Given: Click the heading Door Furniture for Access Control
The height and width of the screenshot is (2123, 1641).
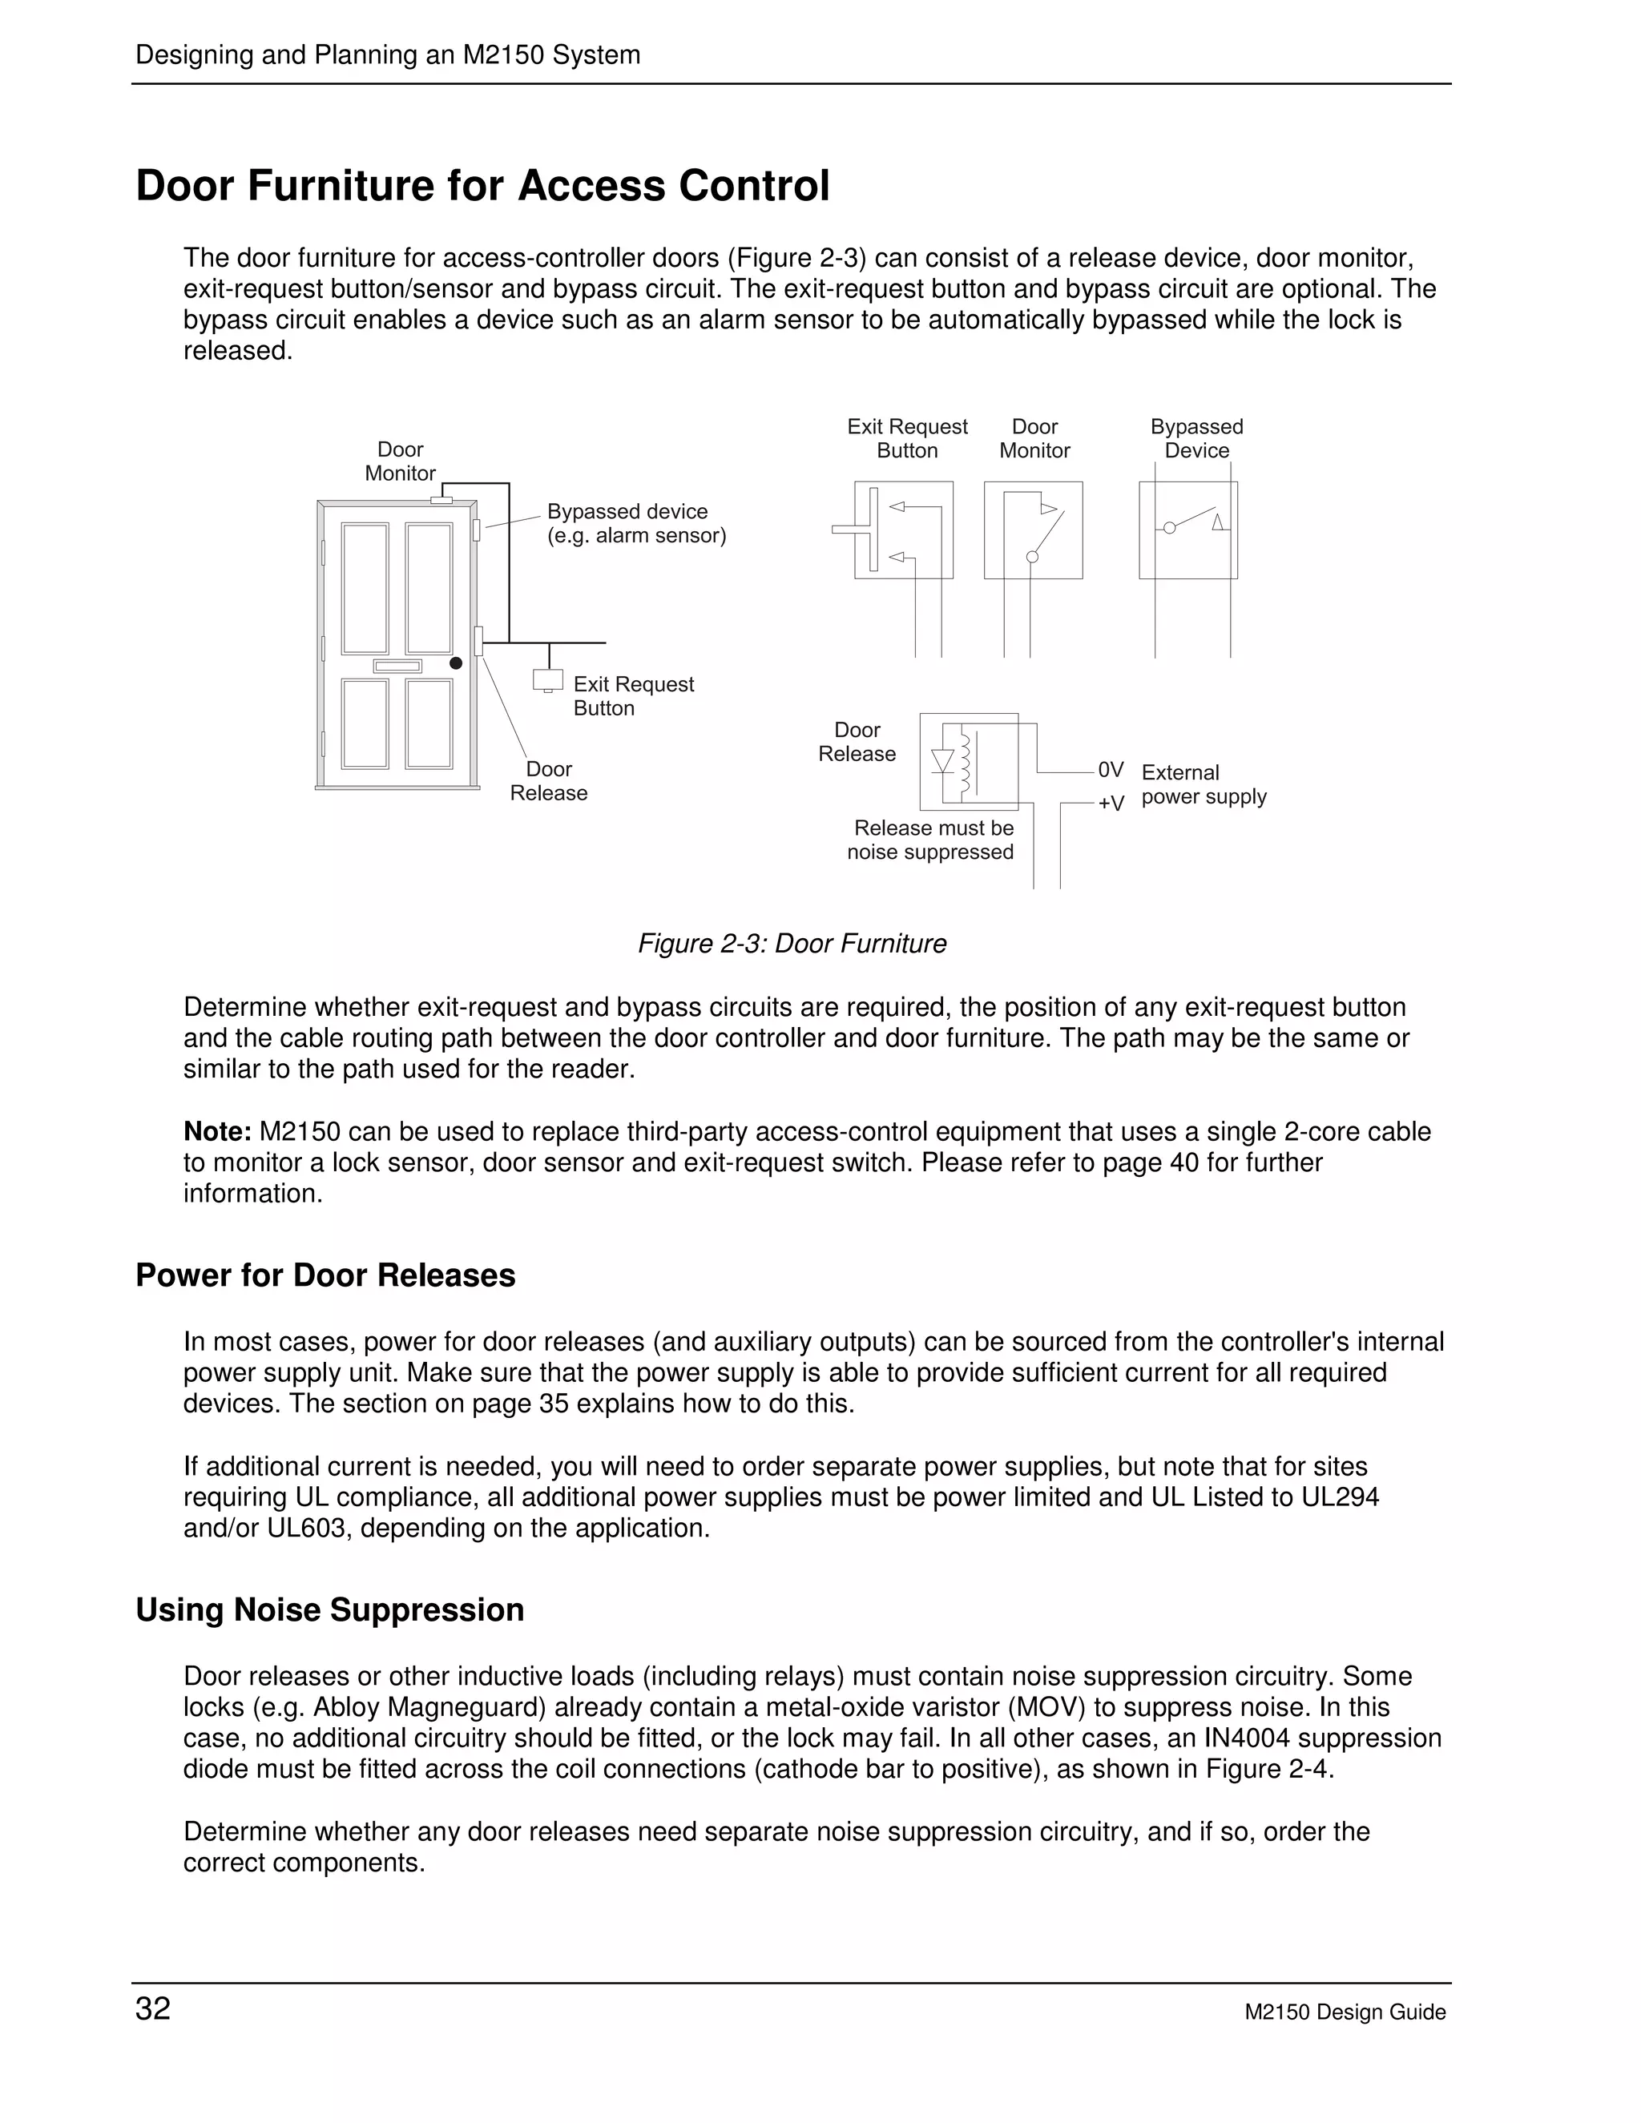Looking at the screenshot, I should (482, 186).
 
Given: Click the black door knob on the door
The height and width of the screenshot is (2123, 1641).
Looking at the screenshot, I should (455, 663).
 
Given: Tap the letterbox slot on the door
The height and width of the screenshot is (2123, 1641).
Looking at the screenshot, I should (397, 666).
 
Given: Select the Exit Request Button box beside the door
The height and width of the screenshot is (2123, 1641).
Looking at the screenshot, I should (548, 679).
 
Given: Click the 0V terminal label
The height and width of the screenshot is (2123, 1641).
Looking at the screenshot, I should (1111, 770).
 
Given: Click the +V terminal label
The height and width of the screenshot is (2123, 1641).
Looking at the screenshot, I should (1111, 803).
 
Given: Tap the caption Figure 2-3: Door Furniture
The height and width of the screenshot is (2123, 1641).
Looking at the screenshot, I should (792, 944).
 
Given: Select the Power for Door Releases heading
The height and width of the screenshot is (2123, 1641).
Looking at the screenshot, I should (325, 1275).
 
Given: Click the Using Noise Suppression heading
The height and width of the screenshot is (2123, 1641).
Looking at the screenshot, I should (329, 1609).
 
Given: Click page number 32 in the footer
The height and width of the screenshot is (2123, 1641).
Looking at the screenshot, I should (152, 2008).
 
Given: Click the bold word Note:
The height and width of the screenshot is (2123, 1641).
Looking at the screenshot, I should (218, 1131).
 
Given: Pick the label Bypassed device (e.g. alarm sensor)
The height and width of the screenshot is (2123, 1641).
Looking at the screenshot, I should (635, 523).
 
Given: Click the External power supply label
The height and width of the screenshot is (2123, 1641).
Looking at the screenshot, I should (1203, 784).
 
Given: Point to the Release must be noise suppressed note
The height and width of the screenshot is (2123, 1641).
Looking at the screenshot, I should (931, 840).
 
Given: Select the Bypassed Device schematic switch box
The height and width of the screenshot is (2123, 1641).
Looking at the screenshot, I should (1188, 530).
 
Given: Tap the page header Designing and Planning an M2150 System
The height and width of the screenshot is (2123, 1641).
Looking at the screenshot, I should (388, 54).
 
